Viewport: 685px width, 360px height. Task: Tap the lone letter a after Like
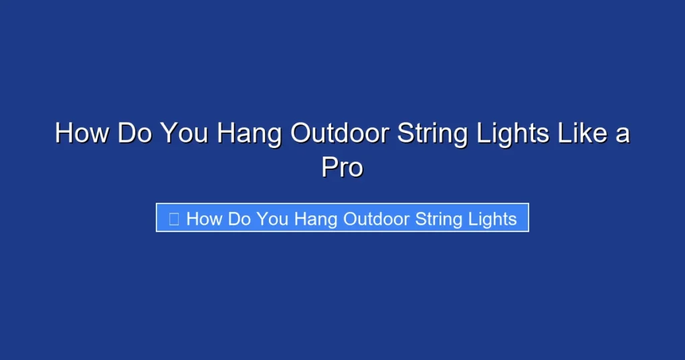(x=623, y=133)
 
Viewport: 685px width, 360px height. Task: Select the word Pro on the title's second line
(x=342, y=167)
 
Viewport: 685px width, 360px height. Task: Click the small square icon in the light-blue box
(x=174, y=219)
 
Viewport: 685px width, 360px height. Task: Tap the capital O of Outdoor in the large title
(x=300, y=133)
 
